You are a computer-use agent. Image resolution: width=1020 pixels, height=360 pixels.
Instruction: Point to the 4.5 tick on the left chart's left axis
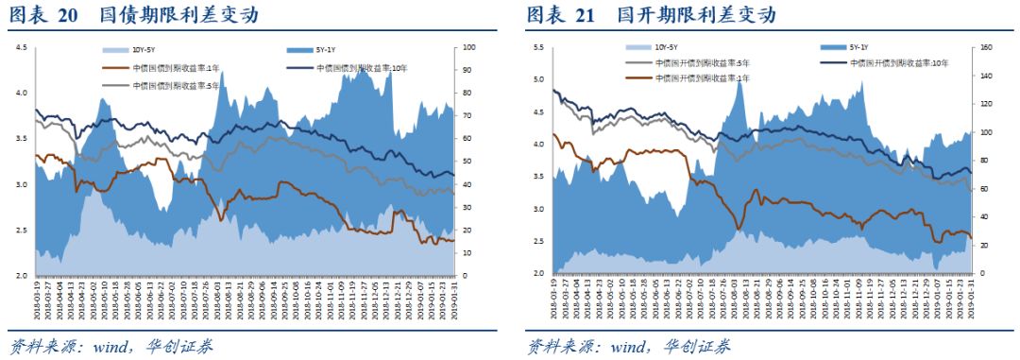click(x=21, y=47)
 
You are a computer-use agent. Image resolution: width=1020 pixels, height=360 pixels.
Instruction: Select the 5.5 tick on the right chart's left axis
click(x=538, y=47)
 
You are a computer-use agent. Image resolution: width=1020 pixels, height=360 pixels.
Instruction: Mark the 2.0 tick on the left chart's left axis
click(x=21, y=276)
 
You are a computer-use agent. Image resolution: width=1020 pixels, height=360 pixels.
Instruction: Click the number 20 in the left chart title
click(x=68, y=16)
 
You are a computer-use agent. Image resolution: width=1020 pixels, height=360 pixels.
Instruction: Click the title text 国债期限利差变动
click(x=178, y=16)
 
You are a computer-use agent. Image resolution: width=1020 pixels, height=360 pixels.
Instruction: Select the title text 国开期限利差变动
click(x=695, y=16)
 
